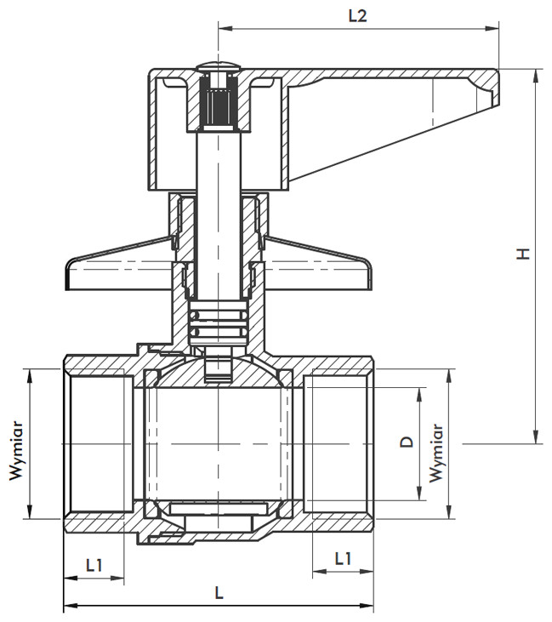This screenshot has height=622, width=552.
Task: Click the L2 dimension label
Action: [358, 16]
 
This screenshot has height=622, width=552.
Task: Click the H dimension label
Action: [523, 253]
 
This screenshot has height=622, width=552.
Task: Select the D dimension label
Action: [407, 442]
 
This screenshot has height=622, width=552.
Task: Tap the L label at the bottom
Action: [219, 593]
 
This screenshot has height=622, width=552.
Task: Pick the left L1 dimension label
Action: [94, 565]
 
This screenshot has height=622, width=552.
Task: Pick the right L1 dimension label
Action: [343, 558]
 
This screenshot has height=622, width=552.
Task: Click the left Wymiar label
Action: [16, 452]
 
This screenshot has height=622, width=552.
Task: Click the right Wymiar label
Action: [435, 453]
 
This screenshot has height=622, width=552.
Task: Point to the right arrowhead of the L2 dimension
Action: [492, 28]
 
